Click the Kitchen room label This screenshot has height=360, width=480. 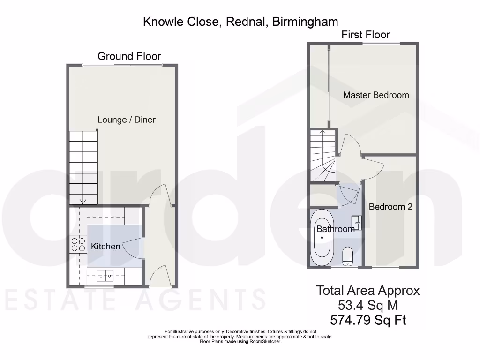[105, 246]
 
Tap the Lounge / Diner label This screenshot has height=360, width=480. [126, 120]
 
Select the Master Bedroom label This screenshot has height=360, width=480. [376, 95]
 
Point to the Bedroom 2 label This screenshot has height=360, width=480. [390, 206]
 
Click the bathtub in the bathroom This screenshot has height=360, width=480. [322, 238]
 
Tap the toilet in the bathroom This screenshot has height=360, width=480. [348, 256]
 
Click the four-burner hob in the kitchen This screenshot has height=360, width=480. [78, 245]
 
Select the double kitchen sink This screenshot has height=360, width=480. [105, 275]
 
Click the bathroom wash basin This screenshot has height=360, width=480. [357, 222]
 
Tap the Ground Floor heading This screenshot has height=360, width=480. [129, 56]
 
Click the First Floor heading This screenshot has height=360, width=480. [366, 34]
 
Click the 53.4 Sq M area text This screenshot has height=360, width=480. [368, 306]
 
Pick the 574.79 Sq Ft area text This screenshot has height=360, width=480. [368, 321]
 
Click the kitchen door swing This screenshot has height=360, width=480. [134, 246]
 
